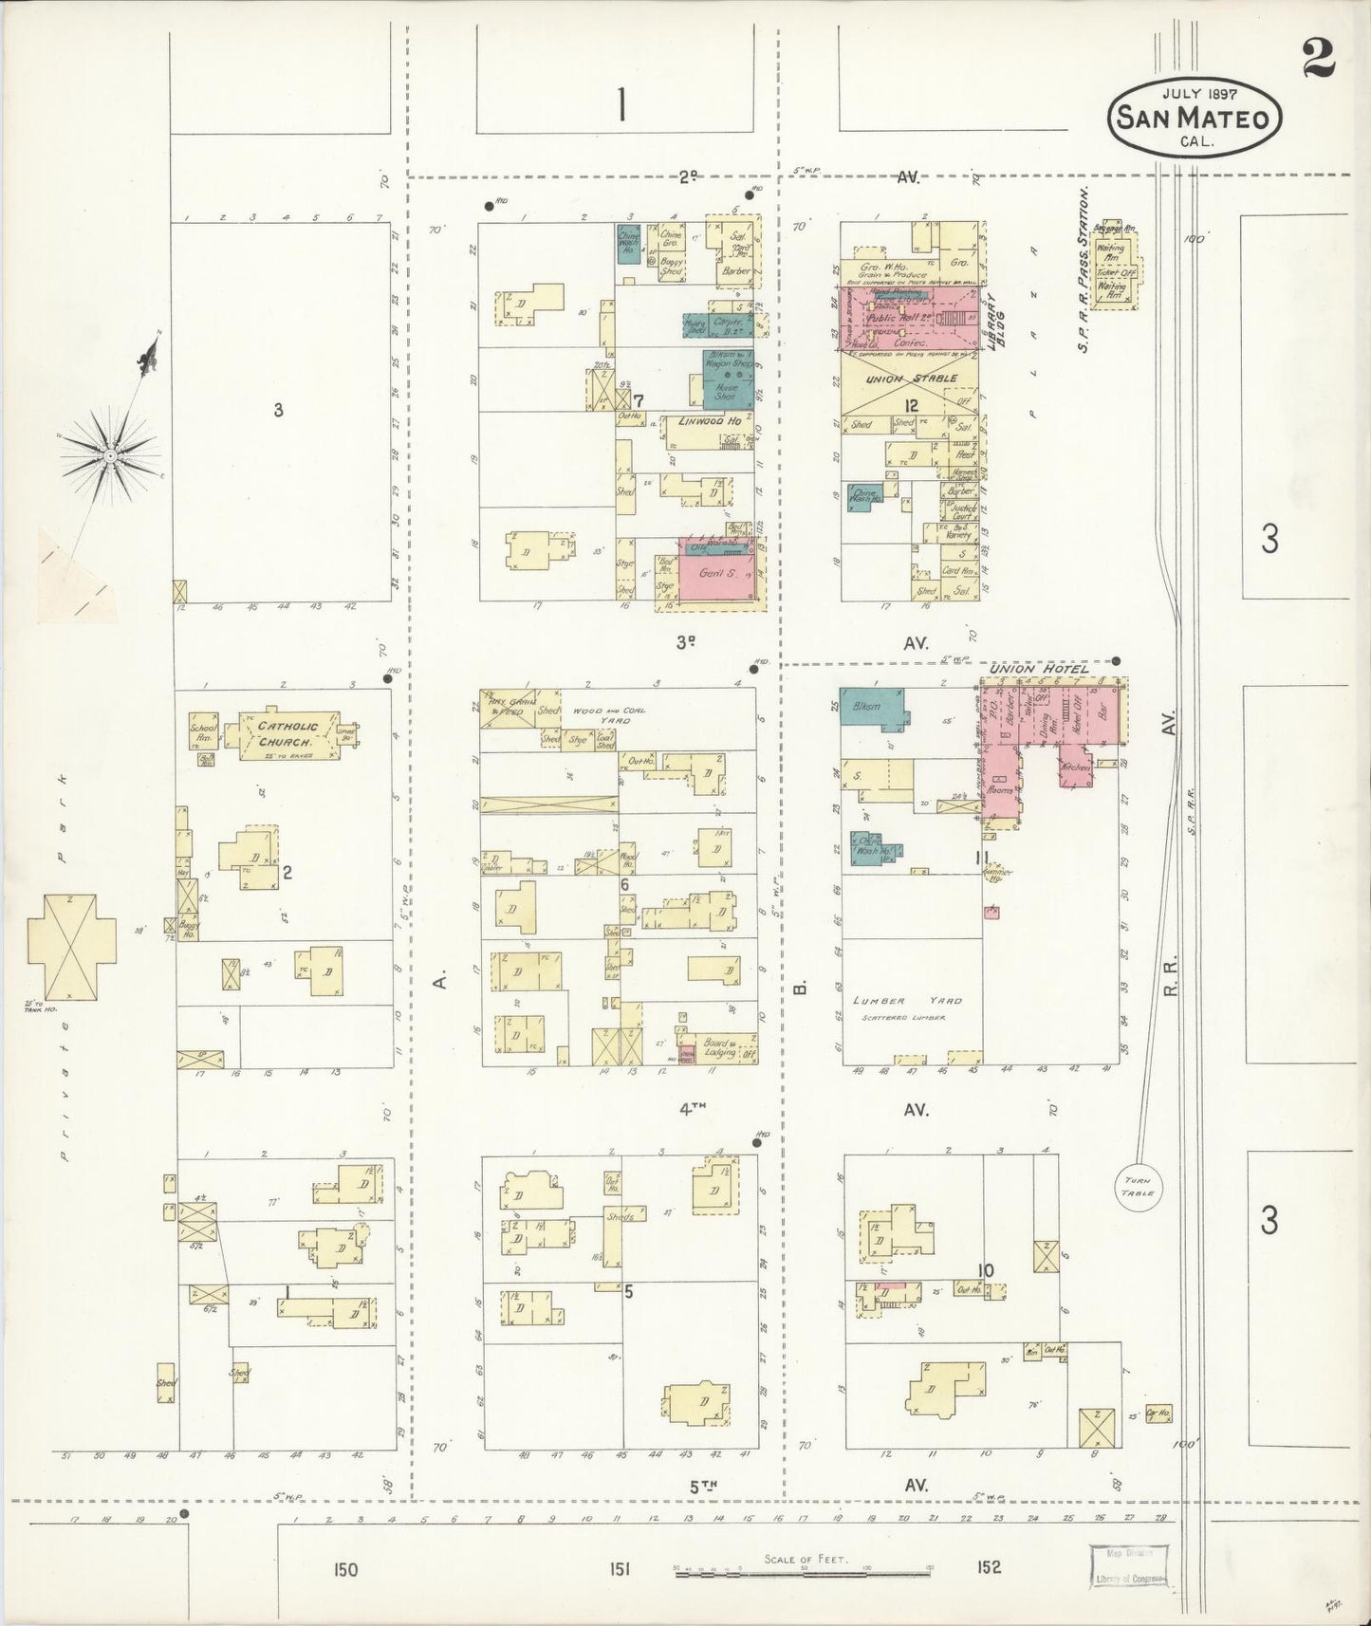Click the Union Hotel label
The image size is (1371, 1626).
click(1038, 670)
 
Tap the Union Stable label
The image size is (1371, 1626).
click(909, 379)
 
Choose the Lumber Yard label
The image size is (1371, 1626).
click(906, 1001)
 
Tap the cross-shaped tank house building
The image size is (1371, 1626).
click(71, 946)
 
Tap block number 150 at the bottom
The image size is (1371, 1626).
click(345, 1569)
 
